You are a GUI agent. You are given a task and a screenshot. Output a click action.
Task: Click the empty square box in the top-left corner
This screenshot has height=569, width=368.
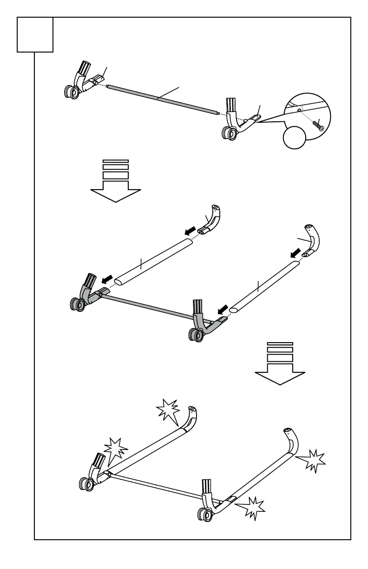[35, 35]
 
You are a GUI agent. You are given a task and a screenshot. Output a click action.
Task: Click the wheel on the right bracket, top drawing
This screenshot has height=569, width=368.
[228, 133]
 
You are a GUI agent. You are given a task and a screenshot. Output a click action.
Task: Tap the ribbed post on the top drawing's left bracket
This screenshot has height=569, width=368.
[85, 68]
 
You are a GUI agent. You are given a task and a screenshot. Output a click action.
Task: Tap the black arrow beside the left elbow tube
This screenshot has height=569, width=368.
[190, 231]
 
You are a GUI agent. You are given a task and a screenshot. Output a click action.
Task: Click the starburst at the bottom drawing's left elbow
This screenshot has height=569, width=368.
[168, 411]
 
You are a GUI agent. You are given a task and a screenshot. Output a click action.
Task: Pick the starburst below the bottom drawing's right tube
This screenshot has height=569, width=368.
[251, 508]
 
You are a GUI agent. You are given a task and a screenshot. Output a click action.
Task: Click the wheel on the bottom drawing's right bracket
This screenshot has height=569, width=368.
[203, 515]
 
